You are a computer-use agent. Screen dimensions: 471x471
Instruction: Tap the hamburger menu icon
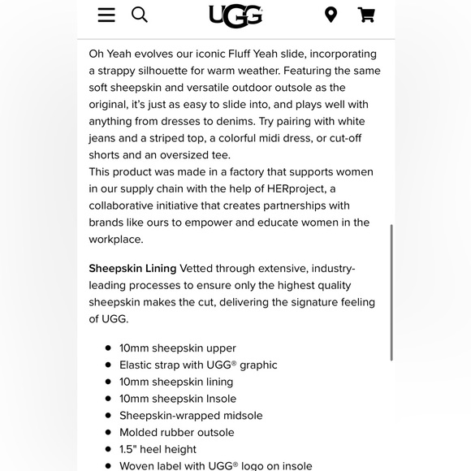click(106, 15)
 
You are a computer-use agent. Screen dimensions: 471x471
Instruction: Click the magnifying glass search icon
click(140, 15)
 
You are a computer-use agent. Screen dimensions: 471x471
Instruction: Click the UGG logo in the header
click(235, 15)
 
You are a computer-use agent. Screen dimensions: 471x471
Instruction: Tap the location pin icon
click(331, 15)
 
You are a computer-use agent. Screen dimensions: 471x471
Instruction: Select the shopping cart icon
click(366, 15)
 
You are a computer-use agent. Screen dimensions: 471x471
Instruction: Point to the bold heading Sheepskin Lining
click(132, 268)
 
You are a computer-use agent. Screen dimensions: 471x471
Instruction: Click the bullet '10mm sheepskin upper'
click(178, 348)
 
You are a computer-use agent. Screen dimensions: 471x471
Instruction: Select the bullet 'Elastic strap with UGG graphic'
click(198, 365)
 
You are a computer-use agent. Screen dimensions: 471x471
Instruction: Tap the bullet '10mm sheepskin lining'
click(176, 382)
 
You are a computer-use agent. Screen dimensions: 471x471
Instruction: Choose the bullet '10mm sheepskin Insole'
click(178, 399)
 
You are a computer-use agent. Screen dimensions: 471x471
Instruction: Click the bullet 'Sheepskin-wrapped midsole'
click(191, 415)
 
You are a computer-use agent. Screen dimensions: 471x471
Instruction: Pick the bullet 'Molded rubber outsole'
click(176, 432)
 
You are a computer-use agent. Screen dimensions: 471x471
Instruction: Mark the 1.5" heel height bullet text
click(158, 449)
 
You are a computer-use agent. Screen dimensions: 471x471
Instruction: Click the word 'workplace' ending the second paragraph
click(115, 240)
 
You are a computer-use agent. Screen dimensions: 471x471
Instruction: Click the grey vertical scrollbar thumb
click(391, 292)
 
